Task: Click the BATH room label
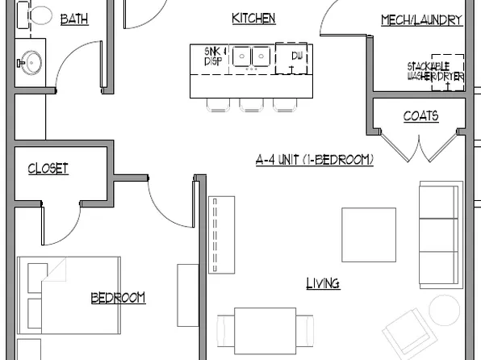click(75, 19)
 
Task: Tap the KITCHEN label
click(253, 18)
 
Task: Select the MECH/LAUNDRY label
click(421, 20)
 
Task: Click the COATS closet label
click(420, 116)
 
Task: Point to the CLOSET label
click(48, 169)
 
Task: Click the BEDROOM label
click(118, 298)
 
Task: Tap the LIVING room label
click(323, 283)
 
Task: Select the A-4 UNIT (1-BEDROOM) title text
click(314, 160)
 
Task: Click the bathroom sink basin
click(32, 61)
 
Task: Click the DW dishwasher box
click(292, 59)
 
